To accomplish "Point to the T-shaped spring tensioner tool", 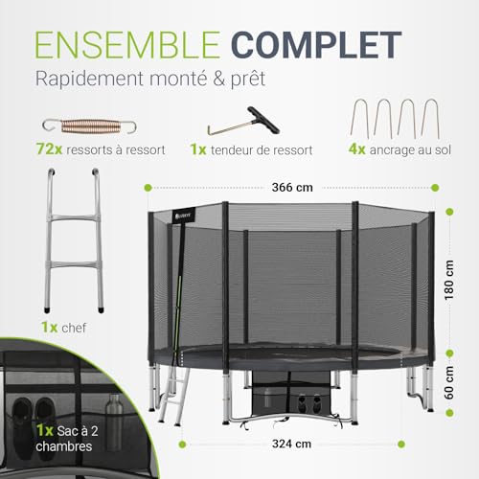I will (227, 125).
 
